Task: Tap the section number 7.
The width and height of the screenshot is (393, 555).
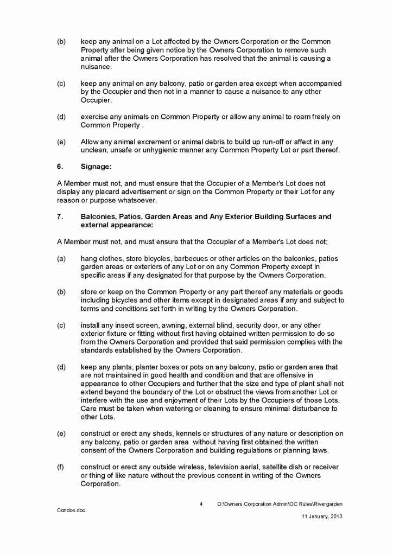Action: pos(60,216)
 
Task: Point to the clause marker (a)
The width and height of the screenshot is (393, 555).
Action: pos(61,258)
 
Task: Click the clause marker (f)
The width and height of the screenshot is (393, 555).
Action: pos(61,467)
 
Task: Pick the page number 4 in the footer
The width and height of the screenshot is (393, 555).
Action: pos(201,504)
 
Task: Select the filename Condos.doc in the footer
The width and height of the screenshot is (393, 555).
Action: pos(71,511)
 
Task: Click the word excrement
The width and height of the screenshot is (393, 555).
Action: pos(142,142)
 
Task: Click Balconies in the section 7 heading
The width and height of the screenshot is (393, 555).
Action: pos(98,216)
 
